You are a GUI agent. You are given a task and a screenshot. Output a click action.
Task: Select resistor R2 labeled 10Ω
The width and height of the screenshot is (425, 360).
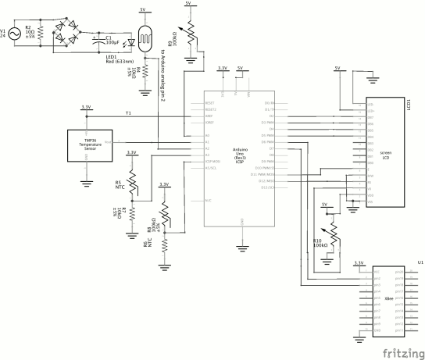(x=39, y=34)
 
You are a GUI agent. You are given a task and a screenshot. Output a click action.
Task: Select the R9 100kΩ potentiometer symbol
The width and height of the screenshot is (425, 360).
(x=187, y=33)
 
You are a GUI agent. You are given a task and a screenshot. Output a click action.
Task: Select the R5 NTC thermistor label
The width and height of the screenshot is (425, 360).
(x=119, y=184)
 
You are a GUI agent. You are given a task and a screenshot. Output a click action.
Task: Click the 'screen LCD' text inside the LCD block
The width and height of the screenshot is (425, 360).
(x=385, y=155)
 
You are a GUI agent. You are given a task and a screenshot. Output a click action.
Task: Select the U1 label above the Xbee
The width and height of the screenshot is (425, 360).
(x=419, y=263)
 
